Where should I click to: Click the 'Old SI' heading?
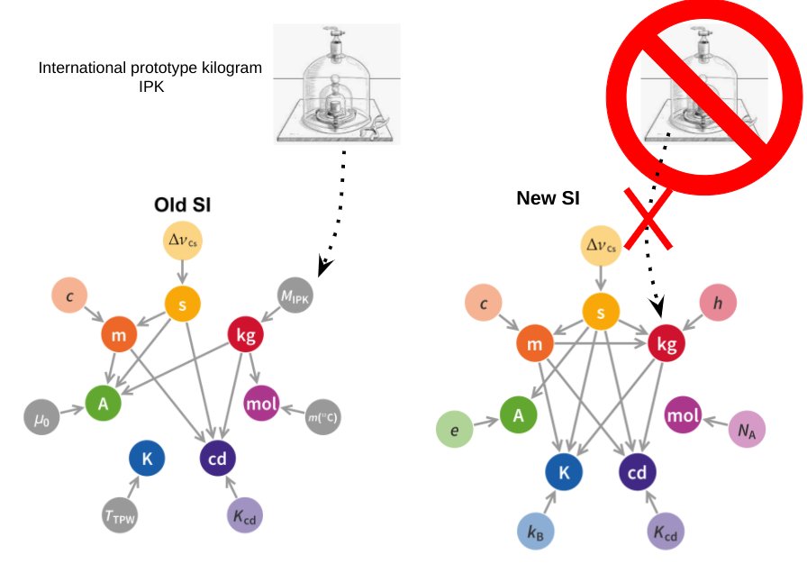[x=183, y=205]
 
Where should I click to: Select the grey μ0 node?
[x=40, y=418]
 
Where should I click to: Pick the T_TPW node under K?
[x=119, y=515]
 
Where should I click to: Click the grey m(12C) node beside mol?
[x=323, y=417]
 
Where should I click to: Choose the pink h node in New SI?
[x=718, y=305]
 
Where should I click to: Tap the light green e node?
[x=455, y=431]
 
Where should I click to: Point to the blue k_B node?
[x=537, y=532]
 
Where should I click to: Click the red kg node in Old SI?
[x=246, y=334]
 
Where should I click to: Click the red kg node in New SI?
[x=666, y=342]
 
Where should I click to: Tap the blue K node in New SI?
[x=564, y=471]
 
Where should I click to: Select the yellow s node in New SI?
[x=601, y=311]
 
